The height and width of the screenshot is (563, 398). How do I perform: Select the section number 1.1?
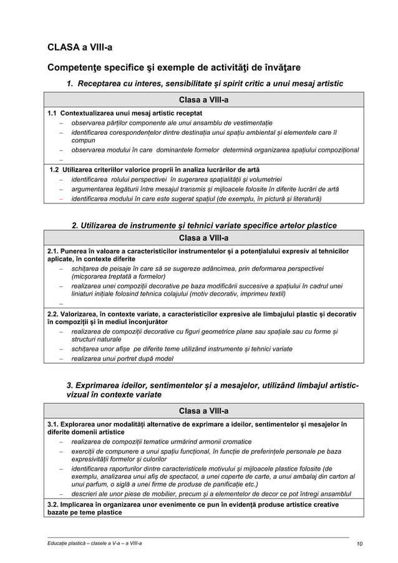(x=55, y=113)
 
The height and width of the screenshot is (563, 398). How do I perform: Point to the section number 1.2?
(x=56, y=170)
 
